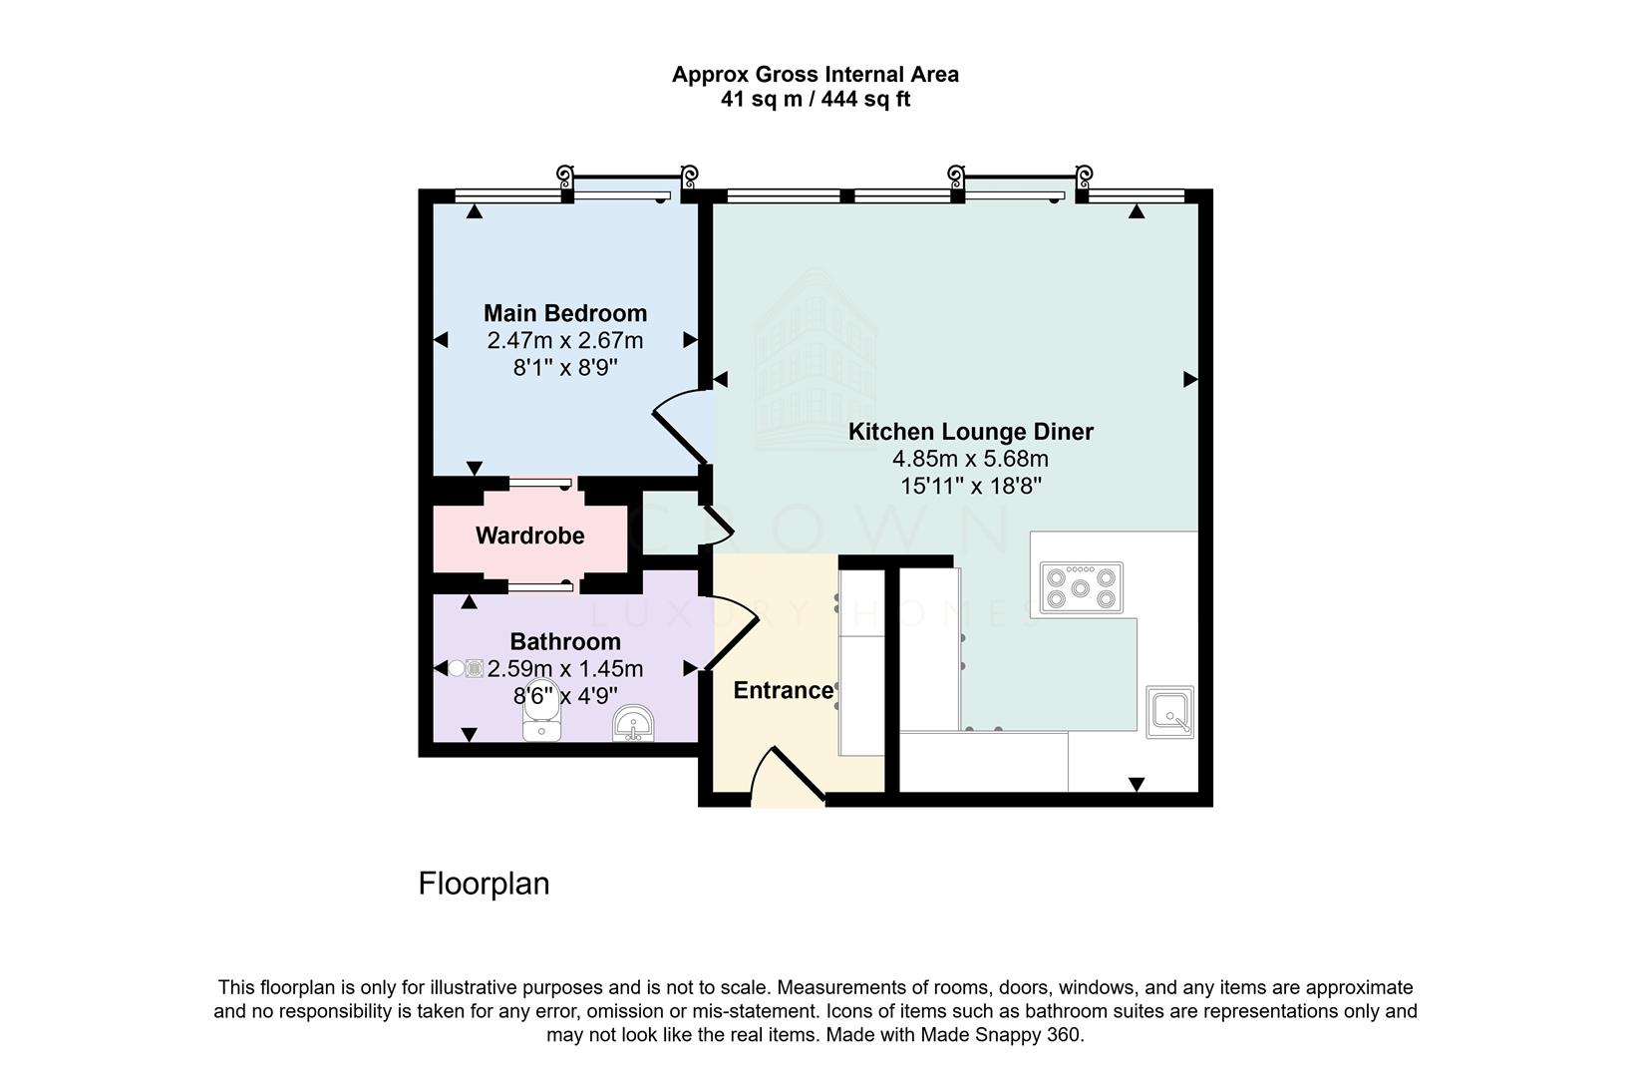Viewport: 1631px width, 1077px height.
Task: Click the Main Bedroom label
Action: click(565, 313)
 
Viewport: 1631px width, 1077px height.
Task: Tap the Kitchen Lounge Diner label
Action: click(970, 432)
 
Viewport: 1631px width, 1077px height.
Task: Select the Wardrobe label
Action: click(529, 536)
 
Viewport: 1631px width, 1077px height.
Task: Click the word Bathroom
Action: click(565, 641)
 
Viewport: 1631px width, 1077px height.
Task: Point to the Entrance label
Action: click(783, 690)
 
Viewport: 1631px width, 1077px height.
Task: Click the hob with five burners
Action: click(1081, 587)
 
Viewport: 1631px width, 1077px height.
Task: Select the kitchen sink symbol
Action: click(1169, 712)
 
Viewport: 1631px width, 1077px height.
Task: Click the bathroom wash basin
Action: click(633, 724)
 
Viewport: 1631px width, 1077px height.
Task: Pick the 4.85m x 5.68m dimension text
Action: click(970, 459)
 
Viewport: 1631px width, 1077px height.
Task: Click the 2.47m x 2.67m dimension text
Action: click(565, 340)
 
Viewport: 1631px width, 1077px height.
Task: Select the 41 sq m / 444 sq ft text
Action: click(815, 100)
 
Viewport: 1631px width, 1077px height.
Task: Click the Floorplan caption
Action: click(484, 884)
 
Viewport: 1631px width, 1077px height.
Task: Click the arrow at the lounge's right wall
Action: click(1189, 379)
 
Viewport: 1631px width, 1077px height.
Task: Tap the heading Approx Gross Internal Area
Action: click(815, 74)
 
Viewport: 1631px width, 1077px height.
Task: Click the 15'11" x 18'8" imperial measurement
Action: click(970, 486)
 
